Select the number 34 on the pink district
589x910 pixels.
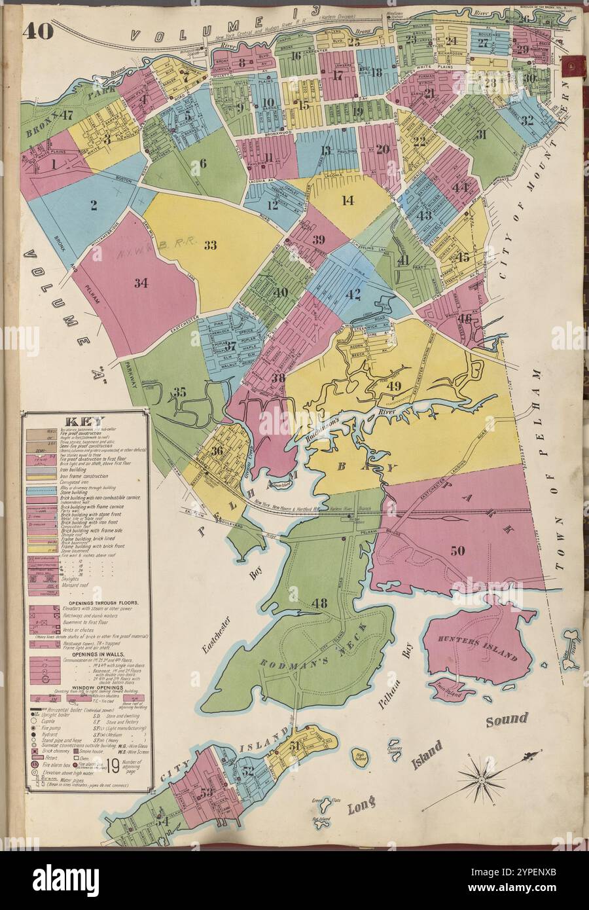[141, 283]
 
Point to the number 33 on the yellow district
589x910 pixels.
[210, 246]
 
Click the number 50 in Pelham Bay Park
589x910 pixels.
[457, 551]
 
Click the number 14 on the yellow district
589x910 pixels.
[348, 201]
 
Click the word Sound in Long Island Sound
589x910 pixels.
[507, 719]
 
